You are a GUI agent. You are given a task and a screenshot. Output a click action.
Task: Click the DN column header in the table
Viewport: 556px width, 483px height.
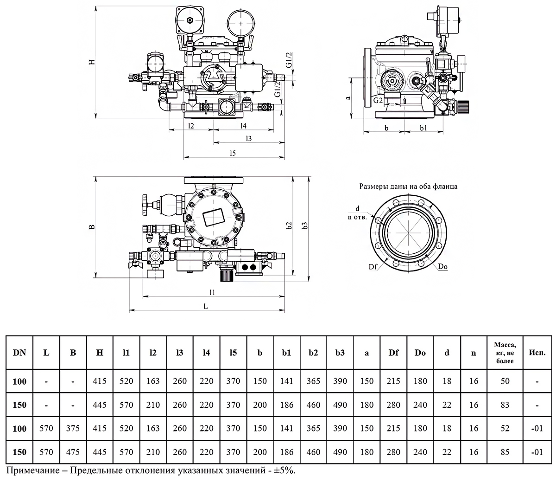click(x=19, y=353)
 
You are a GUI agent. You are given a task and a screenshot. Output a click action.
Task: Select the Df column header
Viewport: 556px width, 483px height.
click(x=393, y=353)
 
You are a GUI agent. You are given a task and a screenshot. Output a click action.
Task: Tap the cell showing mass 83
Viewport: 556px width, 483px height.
click(x=505, y=405)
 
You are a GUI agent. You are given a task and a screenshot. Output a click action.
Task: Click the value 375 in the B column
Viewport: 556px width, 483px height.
click(x=73, y=429)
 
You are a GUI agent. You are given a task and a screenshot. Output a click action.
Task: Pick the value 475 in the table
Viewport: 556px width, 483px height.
click(x=73, y=452)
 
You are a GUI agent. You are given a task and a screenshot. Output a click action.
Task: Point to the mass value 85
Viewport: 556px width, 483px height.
click(x=505, y=452)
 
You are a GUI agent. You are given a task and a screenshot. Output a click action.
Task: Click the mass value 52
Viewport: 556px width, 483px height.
click(x=505, y=429)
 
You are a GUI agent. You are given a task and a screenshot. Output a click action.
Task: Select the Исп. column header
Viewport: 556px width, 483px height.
click(x=537, y=353)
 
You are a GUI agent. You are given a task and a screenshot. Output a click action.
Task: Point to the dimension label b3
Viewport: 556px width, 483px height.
click(x=305, y=226)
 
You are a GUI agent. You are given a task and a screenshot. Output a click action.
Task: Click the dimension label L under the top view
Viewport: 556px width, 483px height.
click(x=206, y=306)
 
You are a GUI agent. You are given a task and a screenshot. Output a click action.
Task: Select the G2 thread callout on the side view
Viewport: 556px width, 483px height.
click(x=378, y=100)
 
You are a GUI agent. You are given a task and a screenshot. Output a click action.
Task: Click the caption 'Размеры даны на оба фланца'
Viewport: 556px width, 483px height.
click(x=409, y=187)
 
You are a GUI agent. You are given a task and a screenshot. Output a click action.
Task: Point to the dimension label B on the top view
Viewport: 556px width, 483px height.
click(x=92, y=227)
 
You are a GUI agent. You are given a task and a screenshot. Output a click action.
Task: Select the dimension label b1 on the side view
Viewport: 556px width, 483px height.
click(x=423, y=127)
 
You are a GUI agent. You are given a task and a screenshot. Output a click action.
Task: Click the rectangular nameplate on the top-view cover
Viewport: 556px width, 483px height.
click(x=214, y=217)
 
